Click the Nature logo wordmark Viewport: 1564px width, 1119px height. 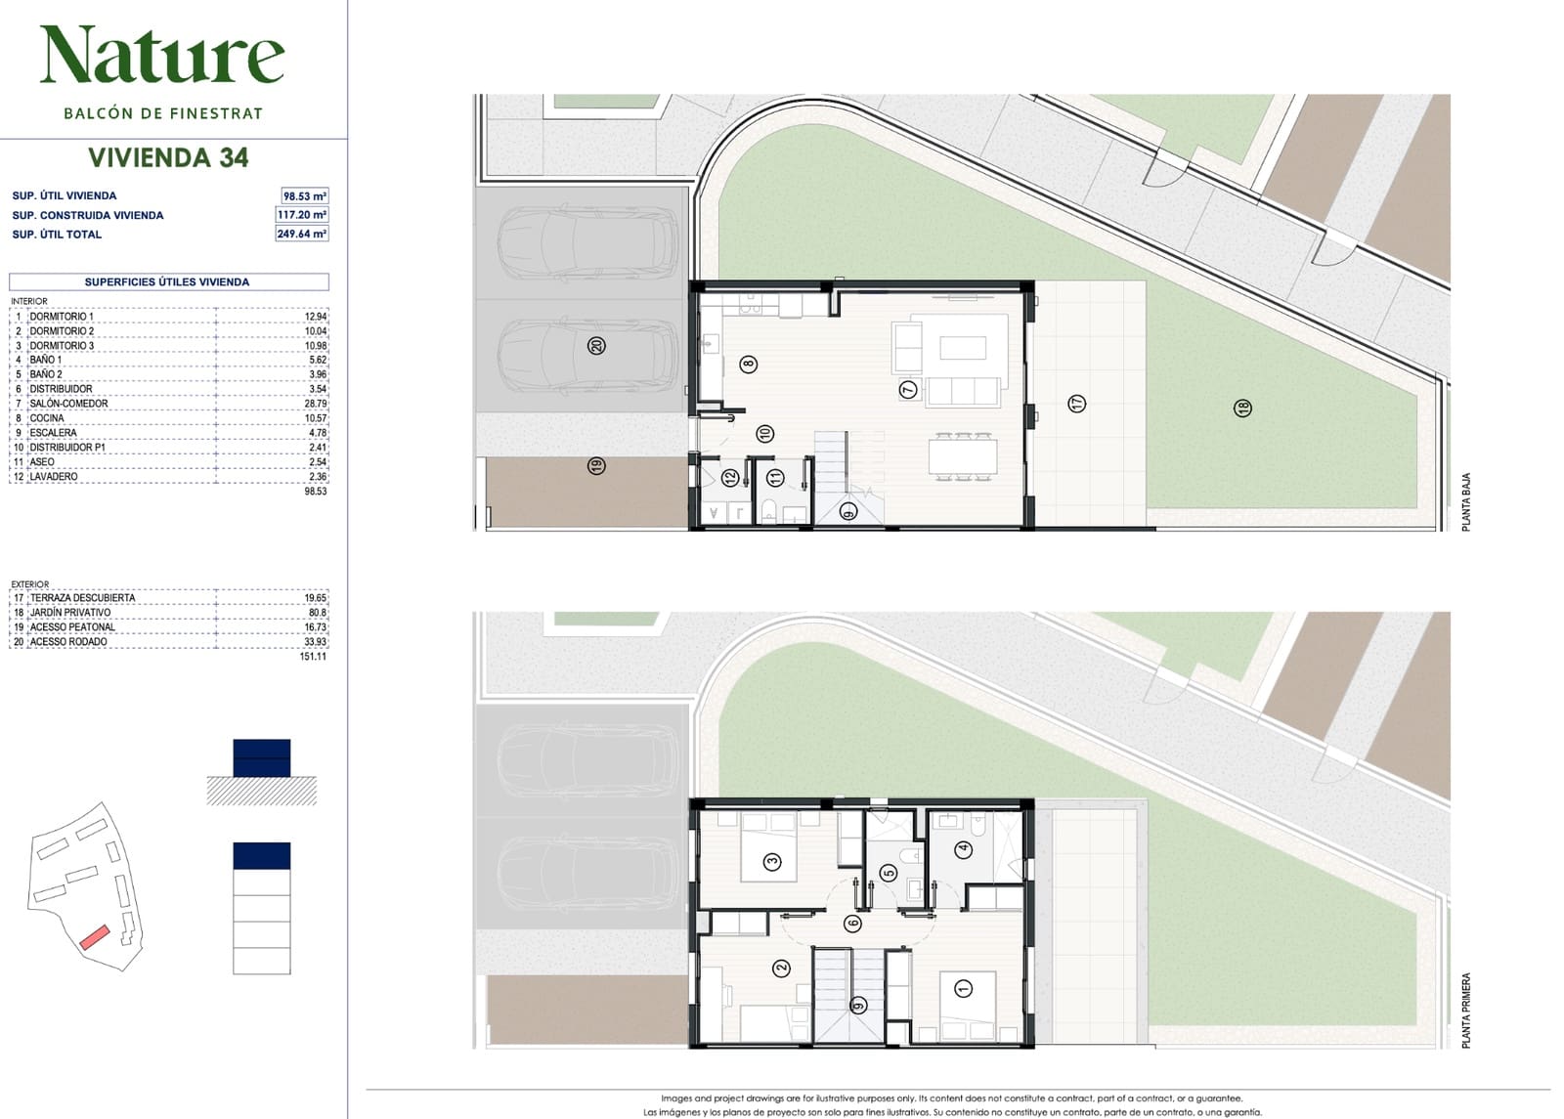coord(162,55)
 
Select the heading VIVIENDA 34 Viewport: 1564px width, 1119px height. coord(168,157)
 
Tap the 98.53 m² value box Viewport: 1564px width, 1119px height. coord(304,196)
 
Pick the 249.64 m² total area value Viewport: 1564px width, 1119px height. coord(302,234)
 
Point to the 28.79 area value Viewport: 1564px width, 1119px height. coord(316,404)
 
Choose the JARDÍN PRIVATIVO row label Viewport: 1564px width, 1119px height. coord(69,612)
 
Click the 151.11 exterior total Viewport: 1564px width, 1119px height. coord(313,656)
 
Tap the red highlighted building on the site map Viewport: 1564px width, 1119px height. coord(94,937)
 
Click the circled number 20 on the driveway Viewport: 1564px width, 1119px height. coord(596,346)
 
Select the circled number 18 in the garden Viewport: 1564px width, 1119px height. coord(1242,408)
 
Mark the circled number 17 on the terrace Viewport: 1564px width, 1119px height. coord(1076,403)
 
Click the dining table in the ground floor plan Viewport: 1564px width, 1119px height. coord(962,457)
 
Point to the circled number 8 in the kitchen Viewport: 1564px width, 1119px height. coord(749,364)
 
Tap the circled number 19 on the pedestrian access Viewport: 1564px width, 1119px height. coord(596,465)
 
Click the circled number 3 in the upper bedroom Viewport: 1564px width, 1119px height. coord(772,861)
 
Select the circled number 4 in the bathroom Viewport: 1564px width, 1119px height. coord(964,849)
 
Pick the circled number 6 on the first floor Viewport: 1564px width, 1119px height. coord(851,924)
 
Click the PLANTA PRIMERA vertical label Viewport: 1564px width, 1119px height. coord(1466,1011)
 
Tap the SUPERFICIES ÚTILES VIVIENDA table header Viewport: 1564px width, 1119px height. coord(167,282)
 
